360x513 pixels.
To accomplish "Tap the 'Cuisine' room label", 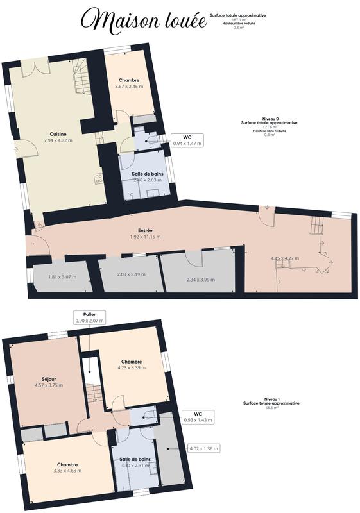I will coord(58,134).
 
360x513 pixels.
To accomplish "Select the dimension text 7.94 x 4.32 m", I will coord(58,140).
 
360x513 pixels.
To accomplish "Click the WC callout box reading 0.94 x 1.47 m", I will coord(187,140).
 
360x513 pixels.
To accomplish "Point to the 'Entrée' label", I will coord(145,230).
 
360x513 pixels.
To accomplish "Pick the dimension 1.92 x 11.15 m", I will coord(145,237).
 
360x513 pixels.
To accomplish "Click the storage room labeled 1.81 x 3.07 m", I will coord(62,277).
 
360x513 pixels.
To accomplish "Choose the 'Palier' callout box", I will coord(89,317).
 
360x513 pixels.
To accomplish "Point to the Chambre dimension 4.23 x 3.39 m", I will coord(132,368).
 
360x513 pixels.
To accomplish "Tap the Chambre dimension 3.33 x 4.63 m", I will coord(67,471).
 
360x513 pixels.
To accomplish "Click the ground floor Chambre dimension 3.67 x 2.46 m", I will coord(129,86).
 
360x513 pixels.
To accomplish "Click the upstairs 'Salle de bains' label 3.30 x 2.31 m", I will coord(135,463).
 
